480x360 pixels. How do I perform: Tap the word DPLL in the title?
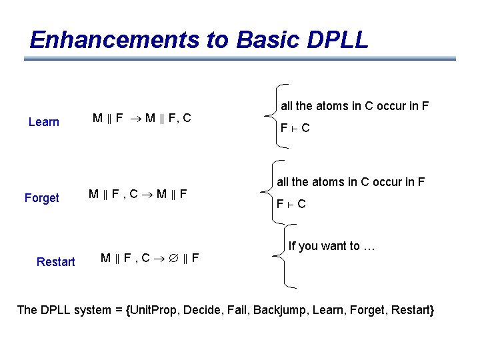tap(338, 40)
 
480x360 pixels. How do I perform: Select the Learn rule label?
tap(44, 122)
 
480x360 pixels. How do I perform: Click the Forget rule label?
tap(41, 198)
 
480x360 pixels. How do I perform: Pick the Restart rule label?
tap(56, 262)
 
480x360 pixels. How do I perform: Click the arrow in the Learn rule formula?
tap(133, 119)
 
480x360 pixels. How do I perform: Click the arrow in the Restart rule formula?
tap(161, 258)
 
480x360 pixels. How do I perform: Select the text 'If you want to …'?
tap(332, 247)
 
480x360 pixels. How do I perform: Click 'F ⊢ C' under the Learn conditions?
tap(295, 128)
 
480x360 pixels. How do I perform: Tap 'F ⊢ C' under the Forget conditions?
tap(291, 204)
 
